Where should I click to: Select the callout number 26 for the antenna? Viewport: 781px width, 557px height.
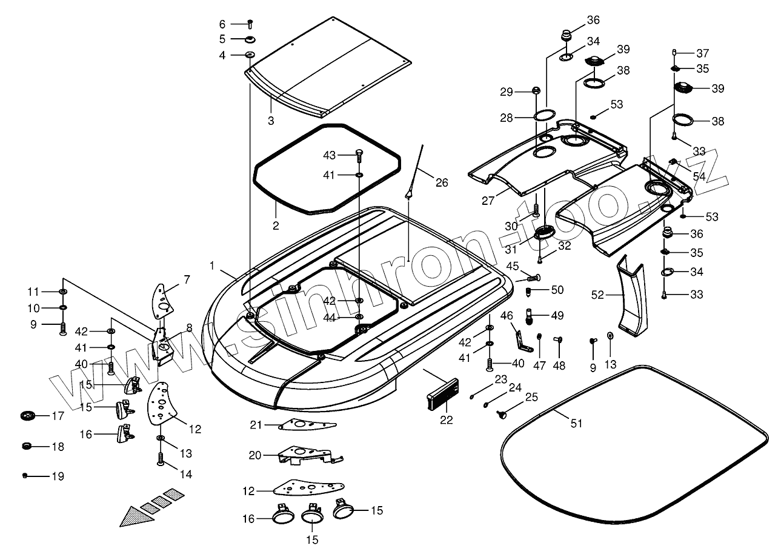click(442, 182)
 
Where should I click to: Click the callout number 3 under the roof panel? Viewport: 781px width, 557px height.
click(271, 121)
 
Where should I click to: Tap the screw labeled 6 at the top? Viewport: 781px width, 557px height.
click(250, 24)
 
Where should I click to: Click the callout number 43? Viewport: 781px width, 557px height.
click(329, 155)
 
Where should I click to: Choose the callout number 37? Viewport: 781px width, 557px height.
click(702, 53)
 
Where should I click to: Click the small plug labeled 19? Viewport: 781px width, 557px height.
click(25, 476)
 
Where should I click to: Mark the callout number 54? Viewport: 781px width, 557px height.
click(699, 176)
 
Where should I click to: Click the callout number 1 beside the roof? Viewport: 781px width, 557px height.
click(213, 265)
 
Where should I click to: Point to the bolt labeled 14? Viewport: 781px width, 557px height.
click(161, 459)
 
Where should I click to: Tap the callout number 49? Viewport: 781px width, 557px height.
click(557, 315)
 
